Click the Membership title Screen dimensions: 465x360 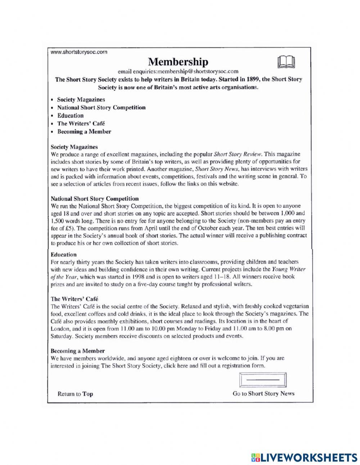(178, 62)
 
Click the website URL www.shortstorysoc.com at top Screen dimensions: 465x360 (79, 52)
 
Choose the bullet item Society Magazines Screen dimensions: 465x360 (81, 99)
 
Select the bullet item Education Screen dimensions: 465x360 (70, 116)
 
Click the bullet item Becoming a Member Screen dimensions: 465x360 (84, 131)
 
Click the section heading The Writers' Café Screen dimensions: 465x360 (74, 299)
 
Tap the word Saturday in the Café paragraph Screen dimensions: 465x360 (62, 336)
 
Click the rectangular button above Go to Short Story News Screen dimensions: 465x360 (263, 380)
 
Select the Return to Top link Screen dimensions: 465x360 (75, 394)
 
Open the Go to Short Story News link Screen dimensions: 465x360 (263, 394)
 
